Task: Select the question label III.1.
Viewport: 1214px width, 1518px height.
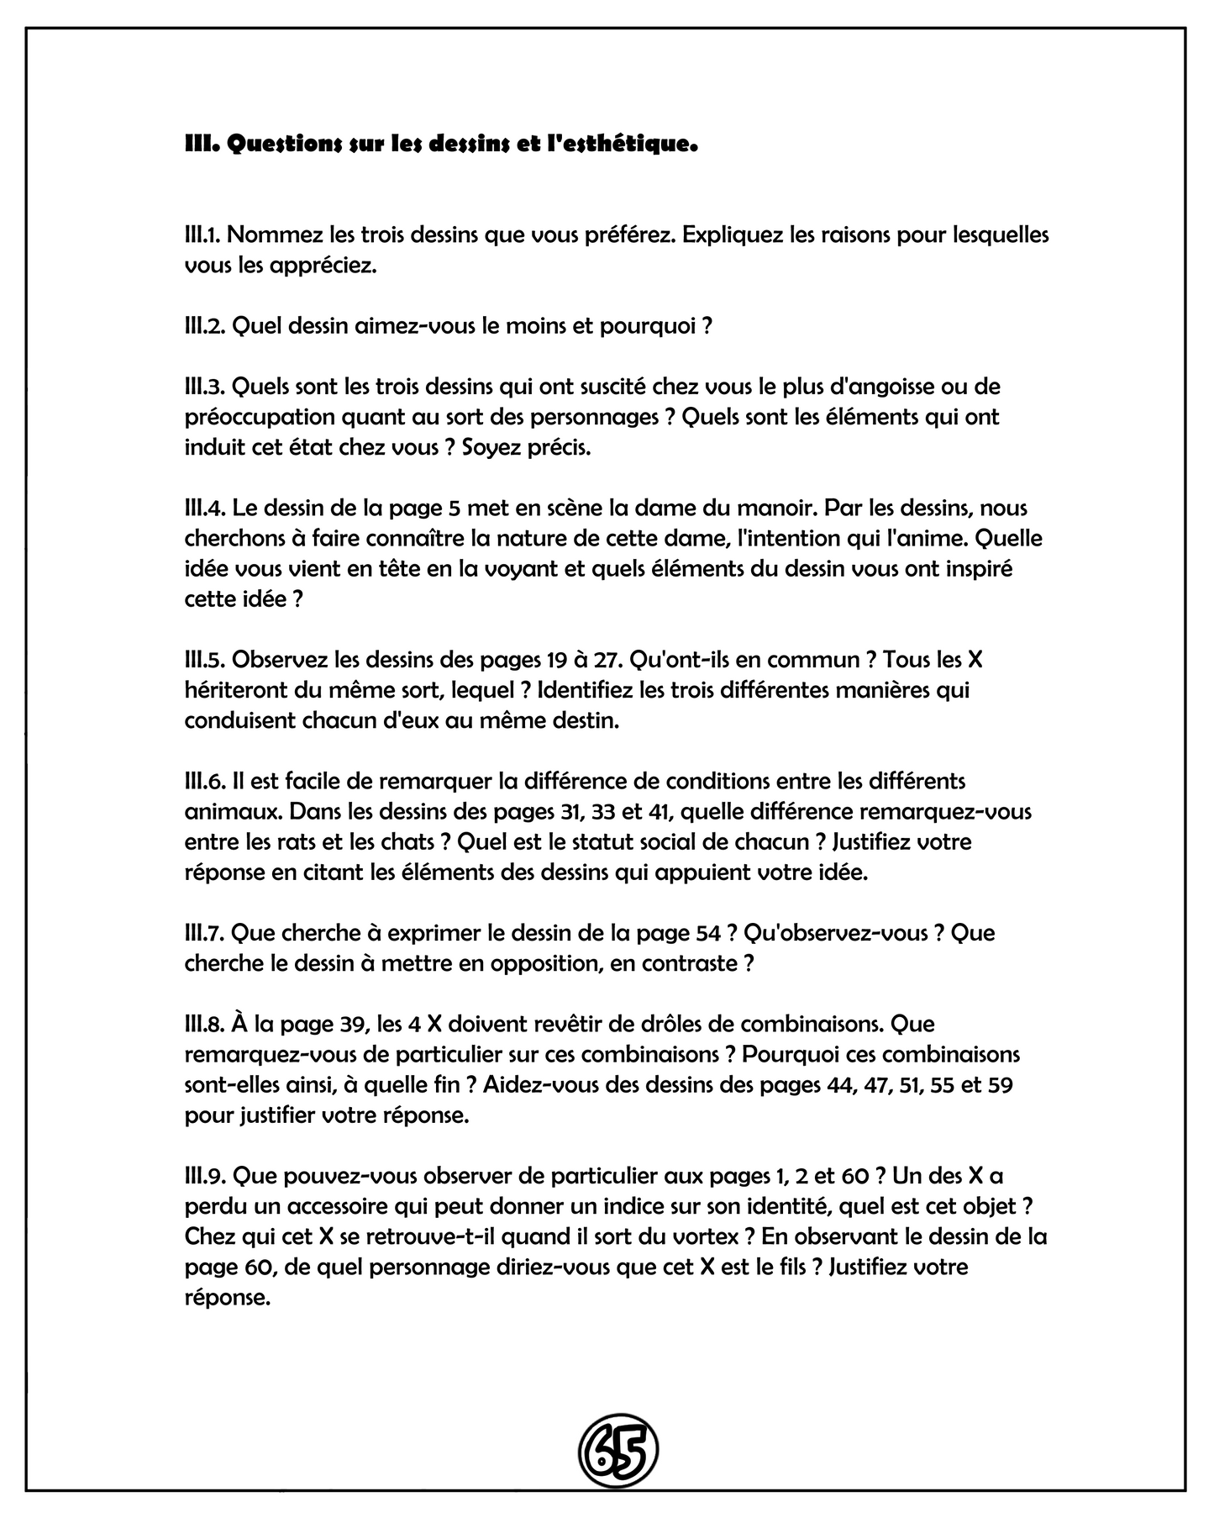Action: pos(202,235)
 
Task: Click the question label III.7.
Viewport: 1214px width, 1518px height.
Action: pos(204,933)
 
